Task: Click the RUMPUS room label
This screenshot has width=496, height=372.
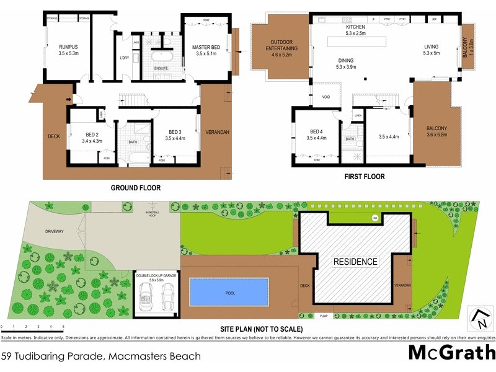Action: pyautogui.click(x=68, y=47)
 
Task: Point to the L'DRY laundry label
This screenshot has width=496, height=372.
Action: pyautogui.click(x=124, y=58)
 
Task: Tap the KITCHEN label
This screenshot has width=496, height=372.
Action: pyautogui.click(x=355, y=28)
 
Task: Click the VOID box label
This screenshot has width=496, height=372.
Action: pyautogui.click(x=326, y=97)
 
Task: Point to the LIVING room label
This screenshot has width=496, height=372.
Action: pyautogui.click(x=431, y=46)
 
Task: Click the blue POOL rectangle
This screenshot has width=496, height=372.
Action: pyautogui.click(x=229, y=291)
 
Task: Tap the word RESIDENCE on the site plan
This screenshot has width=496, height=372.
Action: pyautogui.click(x=355, y=262)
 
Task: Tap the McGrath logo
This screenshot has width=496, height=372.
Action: pyautogui.click(x=451, y=352)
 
